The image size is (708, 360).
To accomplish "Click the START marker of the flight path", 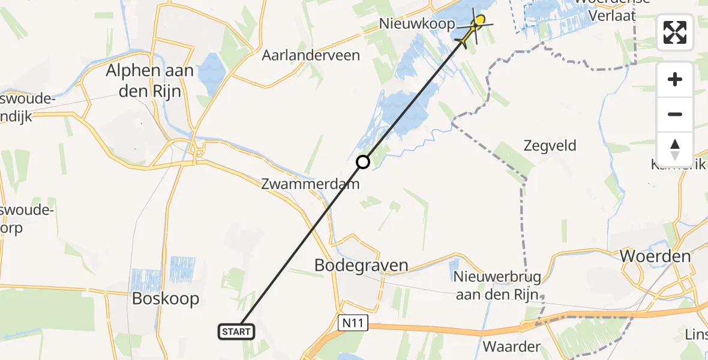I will tap(238, 331).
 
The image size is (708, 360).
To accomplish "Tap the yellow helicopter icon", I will tap(473, 29).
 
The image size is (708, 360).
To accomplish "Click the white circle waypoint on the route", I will tap(363, 161).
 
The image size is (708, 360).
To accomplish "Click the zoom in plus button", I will tap(675, 80).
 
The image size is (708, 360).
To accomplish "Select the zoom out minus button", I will tap(675, 115).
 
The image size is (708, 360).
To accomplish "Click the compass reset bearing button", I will tap(675, 149).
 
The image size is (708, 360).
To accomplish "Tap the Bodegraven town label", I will tap(361, 265).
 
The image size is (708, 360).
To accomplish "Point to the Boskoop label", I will tap(166, 299).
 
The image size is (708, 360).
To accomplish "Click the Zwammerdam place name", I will tap(310, 184).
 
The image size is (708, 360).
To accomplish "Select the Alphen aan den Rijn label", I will tap(149, 79).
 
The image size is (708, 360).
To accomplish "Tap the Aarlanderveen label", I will tap(311, 55).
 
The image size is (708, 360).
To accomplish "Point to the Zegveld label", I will tap(550, 145).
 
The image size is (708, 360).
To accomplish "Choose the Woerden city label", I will tap(655, 256).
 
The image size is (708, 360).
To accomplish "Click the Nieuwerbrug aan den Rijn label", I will tap(497, 286).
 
